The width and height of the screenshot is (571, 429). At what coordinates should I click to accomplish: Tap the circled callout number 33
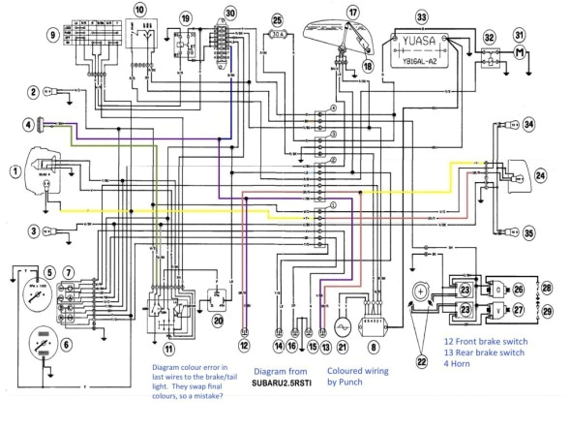[420, 16]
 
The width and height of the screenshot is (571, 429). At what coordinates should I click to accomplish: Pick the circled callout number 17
[353, 12]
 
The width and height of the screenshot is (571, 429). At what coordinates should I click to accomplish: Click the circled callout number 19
[186, 16]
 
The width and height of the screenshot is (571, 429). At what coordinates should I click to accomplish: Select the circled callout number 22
[420, 362]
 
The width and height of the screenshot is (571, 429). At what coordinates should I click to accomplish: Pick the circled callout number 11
[170, 348]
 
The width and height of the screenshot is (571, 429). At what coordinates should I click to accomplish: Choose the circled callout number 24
[541, 175]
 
